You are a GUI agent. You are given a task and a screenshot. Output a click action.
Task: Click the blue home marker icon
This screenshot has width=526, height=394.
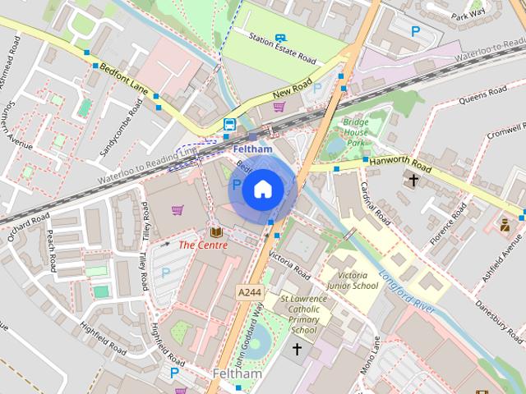(262, 190)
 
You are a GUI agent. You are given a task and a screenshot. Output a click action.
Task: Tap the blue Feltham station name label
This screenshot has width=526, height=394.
(252, 149)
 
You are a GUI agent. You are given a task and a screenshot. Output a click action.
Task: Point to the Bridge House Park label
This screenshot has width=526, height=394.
(356, 132)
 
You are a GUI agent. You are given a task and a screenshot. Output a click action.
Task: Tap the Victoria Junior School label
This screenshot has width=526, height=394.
(352, 280)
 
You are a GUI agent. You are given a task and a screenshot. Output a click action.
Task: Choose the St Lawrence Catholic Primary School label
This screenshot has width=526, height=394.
(303, 314)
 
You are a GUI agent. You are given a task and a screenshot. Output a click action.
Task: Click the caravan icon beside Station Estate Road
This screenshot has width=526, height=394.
(280, 38)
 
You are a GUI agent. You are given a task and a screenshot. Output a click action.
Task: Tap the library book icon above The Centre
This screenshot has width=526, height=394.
(215, 233)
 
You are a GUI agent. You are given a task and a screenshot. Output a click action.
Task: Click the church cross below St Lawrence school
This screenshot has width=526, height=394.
(297, 350)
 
